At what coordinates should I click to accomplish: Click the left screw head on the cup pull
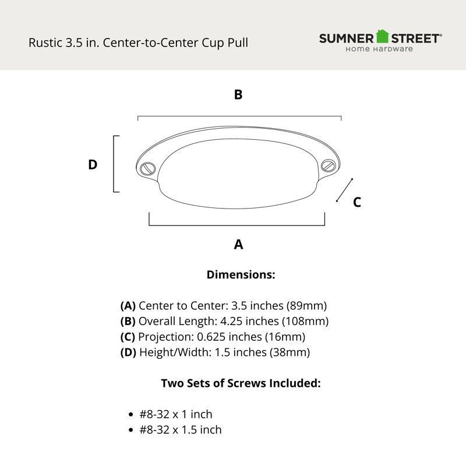(x=148, y=169)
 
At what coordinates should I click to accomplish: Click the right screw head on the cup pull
(x=329, y=165)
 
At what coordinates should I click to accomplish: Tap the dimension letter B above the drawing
(x=238, y=94)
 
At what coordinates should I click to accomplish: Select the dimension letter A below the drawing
(x=238, y=244)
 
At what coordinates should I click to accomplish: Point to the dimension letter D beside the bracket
(x=93, y=164)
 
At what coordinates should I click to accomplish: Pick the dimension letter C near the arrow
(x=357, y=202)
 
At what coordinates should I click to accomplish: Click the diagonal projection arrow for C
(x=345, y=190)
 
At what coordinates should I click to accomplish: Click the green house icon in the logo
(x=382, y=36)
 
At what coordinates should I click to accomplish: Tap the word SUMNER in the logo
(x=347, y=38)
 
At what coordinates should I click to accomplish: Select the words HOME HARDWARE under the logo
(x=379, y=49)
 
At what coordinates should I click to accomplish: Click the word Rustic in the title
(x=45, y=43)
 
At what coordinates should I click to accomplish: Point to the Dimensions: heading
(x=241, y=274)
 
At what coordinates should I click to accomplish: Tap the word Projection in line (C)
(x=166, y=337)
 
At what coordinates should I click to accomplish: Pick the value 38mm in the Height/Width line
(x=290, y=352)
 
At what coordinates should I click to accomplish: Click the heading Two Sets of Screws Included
(x=241, y=383)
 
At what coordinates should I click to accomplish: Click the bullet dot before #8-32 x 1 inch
(x=130, y=415)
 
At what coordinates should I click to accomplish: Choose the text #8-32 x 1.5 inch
(x=181, y=430)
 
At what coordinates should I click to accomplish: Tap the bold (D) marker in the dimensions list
(x=128, y=352)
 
